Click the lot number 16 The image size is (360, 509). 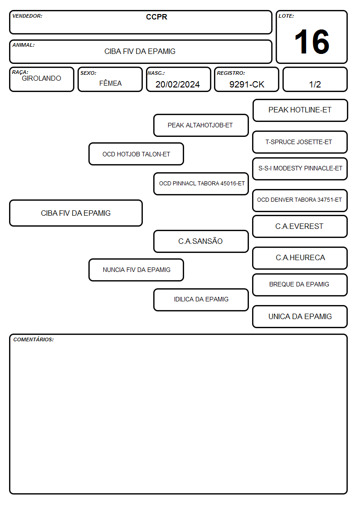311,42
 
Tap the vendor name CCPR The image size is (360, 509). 156,17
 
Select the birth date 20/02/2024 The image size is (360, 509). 178,84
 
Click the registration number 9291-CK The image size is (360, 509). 247,84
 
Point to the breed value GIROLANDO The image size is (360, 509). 42,78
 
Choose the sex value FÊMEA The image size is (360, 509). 110,83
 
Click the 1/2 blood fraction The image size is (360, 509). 315,84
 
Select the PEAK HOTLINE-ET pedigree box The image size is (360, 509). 300,111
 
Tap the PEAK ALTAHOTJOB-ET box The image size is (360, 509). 201,125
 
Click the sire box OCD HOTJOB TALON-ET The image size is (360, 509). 136,154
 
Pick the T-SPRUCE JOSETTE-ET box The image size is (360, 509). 300,142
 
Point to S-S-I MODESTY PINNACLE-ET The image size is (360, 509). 300,169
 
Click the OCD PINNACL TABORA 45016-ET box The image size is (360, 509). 201,184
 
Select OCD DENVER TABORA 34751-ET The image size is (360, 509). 300,200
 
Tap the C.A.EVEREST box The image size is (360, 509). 300,227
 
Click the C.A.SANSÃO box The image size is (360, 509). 201,242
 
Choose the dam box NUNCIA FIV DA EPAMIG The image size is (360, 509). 136,270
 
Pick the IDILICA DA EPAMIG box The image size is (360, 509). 201,300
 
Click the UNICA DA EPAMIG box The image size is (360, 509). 300,316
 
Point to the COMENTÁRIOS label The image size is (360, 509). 34,339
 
